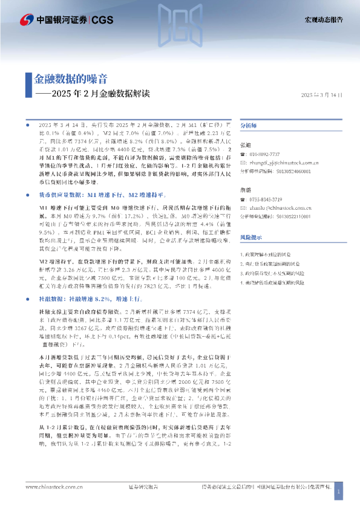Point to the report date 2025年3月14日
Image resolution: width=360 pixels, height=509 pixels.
coord(321,95)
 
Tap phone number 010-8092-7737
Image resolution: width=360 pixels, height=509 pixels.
coord(264,155)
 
